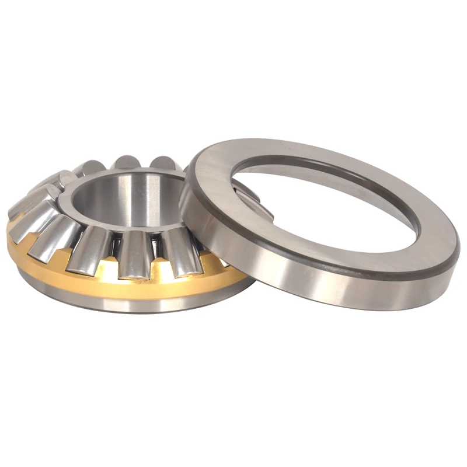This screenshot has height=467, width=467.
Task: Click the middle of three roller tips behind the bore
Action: [125, 162]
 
